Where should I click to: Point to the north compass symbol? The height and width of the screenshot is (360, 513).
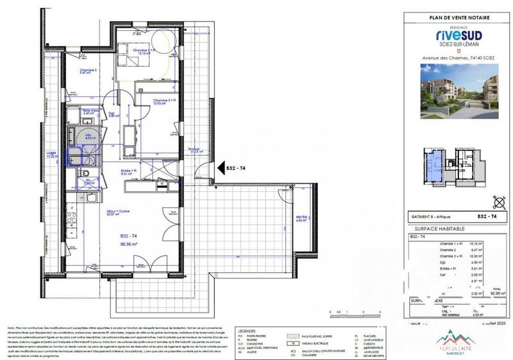click(x=496, y=201)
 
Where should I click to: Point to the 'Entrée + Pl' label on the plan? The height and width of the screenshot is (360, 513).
click(x=130, y=171)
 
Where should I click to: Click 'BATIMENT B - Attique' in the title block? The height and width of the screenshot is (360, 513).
click(x=431, y=218)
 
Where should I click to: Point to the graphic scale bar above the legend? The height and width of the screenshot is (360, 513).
click(x=353, y=313)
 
